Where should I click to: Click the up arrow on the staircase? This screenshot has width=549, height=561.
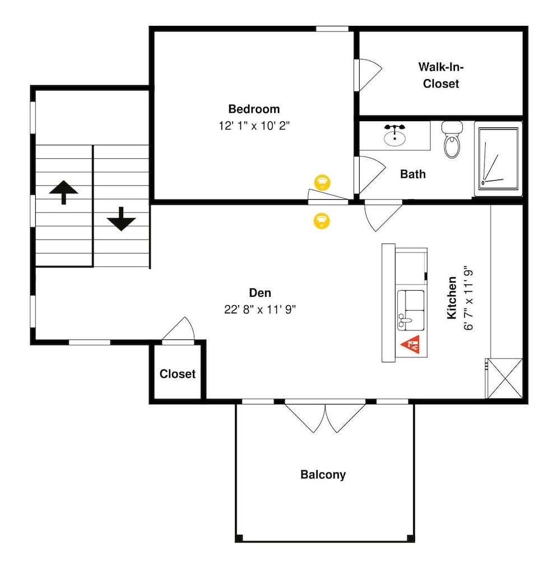click(x=63, y=192)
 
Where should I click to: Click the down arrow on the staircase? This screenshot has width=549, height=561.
click(x=121, y=219)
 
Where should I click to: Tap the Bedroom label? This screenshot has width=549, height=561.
click(x=254, y=109)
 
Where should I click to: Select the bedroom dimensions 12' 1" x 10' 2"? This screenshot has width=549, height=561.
click(x=254, y=126)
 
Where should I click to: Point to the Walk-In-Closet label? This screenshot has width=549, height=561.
click(x=441, y=75)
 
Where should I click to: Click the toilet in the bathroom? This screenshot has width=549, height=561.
click(x=452, y=139)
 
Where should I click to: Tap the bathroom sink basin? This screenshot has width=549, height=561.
click(x=395, y=137)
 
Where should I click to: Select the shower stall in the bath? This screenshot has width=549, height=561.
click(x=498, y=159)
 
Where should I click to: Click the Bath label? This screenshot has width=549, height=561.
click(x=412, y=174)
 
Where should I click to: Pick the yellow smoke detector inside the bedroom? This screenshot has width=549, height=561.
click(x=322, y=182)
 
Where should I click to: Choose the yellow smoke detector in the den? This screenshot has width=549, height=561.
click(x=322, y=220)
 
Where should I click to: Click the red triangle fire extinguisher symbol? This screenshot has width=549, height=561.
click(x=411, y=344)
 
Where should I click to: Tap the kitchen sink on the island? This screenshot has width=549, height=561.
click(x=411, y=310)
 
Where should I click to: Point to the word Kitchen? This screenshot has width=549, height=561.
click(x=452, y=298)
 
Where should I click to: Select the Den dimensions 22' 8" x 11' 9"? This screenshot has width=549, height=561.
click(x=260, y=309)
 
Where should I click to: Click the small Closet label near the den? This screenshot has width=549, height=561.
click(x=177, y=374)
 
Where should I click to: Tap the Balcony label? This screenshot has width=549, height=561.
click(x=323, y=475)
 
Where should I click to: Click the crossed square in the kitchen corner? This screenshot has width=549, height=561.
click(x=505, y=378)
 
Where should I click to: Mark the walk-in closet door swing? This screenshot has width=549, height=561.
click(x=370, y=75)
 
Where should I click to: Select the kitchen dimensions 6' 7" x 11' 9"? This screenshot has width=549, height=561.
click(x=468, y=298)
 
